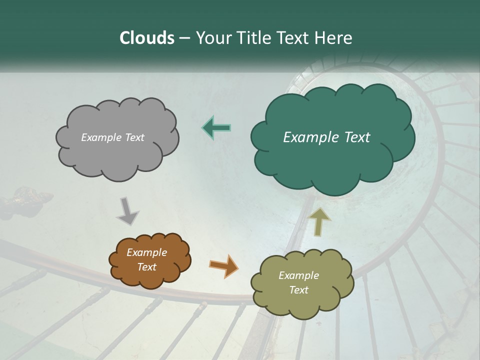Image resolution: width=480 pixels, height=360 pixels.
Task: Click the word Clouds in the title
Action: pos(147,38)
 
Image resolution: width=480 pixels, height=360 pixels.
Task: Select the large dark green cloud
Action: pos(332,150)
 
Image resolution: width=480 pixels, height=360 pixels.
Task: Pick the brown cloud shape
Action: pos(150,260)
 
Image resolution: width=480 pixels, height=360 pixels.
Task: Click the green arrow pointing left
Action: pos(216,128)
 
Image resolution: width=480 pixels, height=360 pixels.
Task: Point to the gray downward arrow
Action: pos(127,210)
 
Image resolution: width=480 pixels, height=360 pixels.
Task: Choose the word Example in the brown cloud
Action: pos(146,252)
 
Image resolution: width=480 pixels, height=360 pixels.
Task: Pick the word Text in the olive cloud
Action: pos(298,290)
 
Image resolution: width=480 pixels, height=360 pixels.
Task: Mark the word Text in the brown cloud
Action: pos(146,267)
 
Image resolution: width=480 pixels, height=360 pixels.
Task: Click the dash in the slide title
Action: pos(184,38)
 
